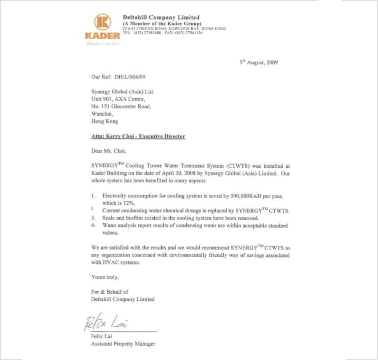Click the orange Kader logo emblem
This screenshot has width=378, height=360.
[x=103, y=22]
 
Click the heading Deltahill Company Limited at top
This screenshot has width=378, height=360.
[x=161, y=17]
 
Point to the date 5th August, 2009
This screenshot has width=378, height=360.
[x=258, y=62]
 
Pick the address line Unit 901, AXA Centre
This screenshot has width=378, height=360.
[x=118, y=99]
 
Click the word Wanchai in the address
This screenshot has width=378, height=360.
[x=101, y=114]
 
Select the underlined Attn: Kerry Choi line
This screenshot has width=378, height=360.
[x=138, y=136]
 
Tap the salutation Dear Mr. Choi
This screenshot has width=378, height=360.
[x=109, y=151]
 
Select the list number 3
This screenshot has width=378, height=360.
[x=94, y=218]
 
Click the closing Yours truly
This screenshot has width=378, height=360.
[x=105, y=277]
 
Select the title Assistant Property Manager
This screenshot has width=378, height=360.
[x=123, y=344]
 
